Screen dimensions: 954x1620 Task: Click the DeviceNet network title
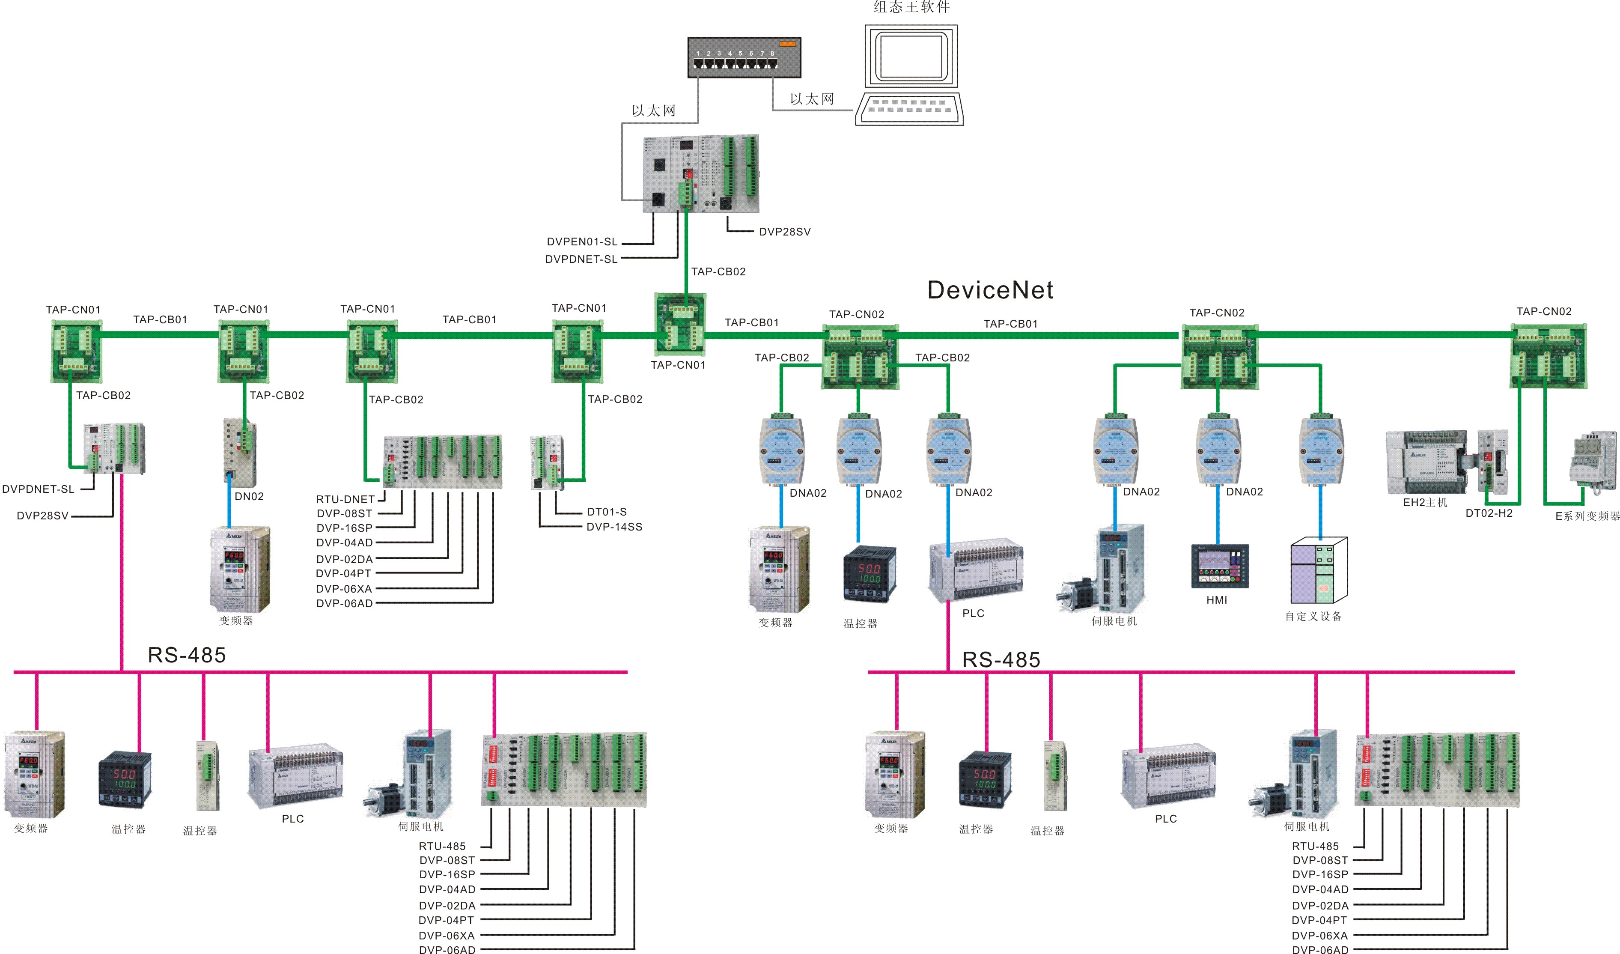[x=990, y=291]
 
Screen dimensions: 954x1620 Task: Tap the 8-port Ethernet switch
[x=744, y=58]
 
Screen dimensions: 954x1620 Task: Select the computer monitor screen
[x=911, y=56]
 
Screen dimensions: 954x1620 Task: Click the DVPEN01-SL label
[x=582, y=242]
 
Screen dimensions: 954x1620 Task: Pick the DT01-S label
[x=606, y=512]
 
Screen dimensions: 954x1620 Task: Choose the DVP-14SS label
[x=614, y=527]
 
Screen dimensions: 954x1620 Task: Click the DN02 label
[x=249, y=496]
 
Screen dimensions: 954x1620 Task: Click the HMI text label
[x=1216, y=600]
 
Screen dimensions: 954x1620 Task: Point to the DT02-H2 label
[x=1489, y=513]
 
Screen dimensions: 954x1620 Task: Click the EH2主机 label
[x=1425, y=503]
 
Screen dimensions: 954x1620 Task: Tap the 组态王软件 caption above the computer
[x=911, y=8]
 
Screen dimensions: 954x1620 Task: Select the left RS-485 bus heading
[x=187, y=655]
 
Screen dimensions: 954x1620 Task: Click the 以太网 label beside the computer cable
[x=812, y=99]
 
